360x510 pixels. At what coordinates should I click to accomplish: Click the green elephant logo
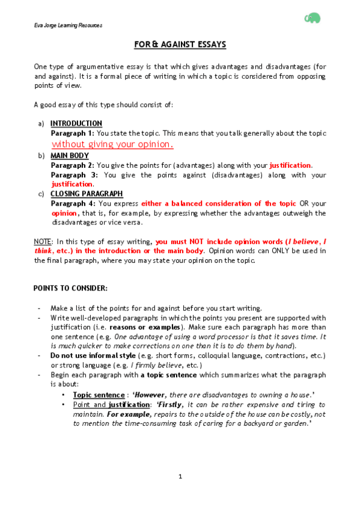coord(313,19)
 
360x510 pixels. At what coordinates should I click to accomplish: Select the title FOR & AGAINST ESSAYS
coord(180,45)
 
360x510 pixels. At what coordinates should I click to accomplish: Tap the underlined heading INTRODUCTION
coord(76,124)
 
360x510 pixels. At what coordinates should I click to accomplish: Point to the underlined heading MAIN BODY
coord(70,155)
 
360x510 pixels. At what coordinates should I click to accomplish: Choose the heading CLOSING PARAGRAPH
coord(87,194)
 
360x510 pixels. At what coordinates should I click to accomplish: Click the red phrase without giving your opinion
coord(113,144)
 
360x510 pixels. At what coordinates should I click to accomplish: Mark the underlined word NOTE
coord(42,241)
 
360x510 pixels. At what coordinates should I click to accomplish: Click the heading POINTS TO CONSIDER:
coord(70,288)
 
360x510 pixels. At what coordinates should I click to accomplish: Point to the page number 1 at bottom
coord(180,477)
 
